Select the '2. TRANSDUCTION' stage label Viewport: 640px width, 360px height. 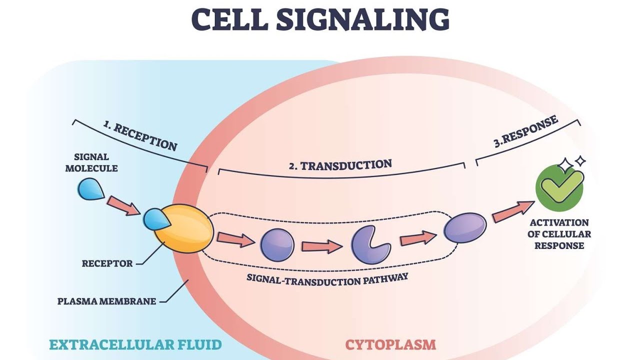click(x=340, y=165)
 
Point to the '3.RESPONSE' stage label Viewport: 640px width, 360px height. click(x=526, y=132)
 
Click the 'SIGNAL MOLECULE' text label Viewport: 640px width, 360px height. click(x=91, y=163)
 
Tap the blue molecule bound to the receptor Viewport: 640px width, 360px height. click(x=155, y=219)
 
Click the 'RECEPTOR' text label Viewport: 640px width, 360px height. click(x=107, y=263)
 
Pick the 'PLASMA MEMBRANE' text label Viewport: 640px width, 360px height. click(x=106, y=301)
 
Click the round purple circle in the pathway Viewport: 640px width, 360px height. click(x=277, y=245)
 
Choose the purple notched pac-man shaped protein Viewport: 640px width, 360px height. click(x=367, y=244)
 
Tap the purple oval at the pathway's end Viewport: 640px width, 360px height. click(x=465, y=227)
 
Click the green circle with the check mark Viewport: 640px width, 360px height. click(x=559, y=188)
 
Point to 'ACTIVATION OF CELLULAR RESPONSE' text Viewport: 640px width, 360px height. click(x=559, y=234)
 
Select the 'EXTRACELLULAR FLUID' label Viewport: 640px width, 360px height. click(x=135, y=344)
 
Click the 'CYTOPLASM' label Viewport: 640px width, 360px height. click(x=390, y=344)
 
